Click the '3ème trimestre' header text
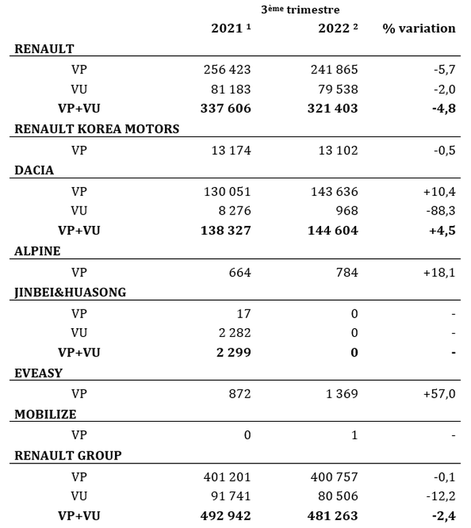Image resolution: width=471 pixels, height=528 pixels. pos(310,10)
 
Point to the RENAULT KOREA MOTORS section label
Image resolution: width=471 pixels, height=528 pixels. pos(97,129)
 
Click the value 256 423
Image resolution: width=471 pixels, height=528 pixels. pos(227,69)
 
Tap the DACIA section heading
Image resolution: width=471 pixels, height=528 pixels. pos(34,170)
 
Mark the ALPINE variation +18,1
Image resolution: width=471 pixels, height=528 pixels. pos(440,272)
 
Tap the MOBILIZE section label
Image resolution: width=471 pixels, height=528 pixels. pos(45,414)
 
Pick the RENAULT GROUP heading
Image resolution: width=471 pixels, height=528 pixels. pos(68,455)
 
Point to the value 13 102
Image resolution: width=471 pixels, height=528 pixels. pos(338,149)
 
